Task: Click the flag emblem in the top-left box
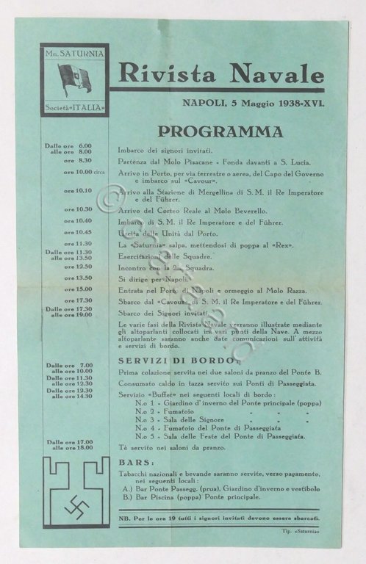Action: click(x=74, y=79)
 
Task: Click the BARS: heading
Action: click(x=137, y=463)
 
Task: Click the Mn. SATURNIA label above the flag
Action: click(x=74, y=54)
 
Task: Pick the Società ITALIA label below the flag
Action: click(x=74, y=108)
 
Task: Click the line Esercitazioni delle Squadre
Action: click(x=165, y=256)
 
